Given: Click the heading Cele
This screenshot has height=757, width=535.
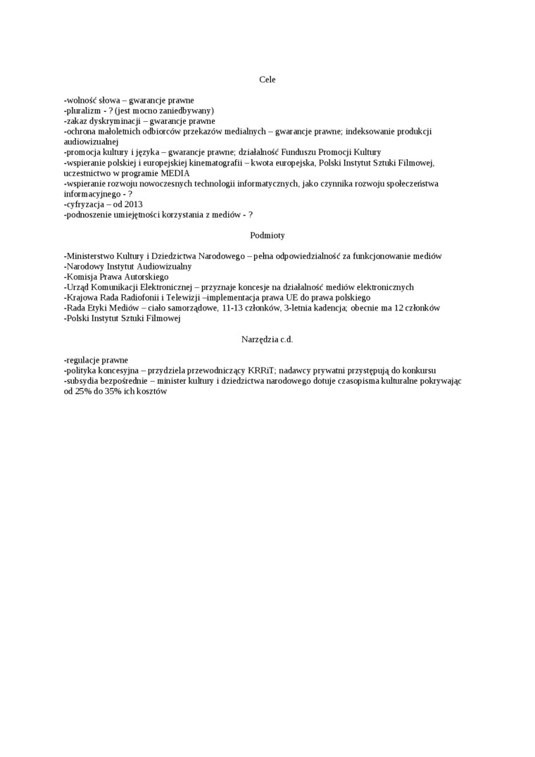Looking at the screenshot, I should click(267, 80).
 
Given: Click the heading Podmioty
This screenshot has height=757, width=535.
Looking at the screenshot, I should click(267, 235).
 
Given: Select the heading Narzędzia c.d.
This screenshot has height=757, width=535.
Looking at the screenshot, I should click(267, 339).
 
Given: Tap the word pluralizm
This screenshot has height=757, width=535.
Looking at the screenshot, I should click(84, 111).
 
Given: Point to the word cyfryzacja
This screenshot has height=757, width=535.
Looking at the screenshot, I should click(86, 204).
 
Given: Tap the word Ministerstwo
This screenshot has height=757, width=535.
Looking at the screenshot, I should click(92, 256).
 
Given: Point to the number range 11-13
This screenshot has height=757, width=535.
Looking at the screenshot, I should click(232, 308).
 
